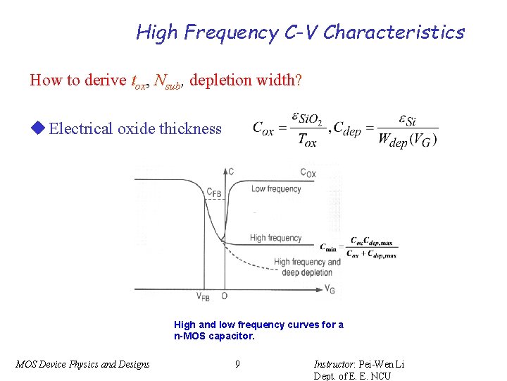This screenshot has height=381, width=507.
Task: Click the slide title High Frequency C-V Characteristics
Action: click(x=300, y=32)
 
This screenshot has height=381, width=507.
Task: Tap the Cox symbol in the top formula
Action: click(x=263, y=129)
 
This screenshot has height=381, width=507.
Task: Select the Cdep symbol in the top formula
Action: click(x=346, y=129)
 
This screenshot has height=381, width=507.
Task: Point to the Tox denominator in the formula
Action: click(x=308, y=140)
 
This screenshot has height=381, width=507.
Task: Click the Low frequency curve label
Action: click(x=275, y=189)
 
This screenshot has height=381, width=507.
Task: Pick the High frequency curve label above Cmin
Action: click(x=275, y=238)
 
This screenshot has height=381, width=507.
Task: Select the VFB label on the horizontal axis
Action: click(x=203, y=297)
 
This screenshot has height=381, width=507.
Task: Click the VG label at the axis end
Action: click(x=330, y=289)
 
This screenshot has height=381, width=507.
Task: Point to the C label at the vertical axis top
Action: click(x=232, y=171)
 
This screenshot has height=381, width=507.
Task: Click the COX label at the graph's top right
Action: click(x=308, y=173)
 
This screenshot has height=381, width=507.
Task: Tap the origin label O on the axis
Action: click(x=224, y=297)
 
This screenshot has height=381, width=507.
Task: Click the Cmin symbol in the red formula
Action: click(x=327, y=247)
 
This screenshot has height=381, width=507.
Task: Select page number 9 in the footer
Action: click(x=237, y=364)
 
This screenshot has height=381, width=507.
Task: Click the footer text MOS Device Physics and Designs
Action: click(x=82, y=364)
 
